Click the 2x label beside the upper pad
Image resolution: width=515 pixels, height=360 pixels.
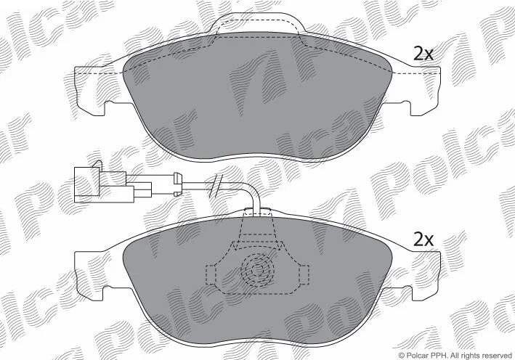point(423,54)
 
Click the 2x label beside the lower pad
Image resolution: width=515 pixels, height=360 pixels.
point(423,240)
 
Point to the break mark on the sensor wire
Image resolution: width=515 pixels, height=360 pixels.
point(216,186)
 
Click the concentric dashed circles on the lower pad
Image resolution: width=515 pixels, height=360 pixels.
point(257,271)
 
